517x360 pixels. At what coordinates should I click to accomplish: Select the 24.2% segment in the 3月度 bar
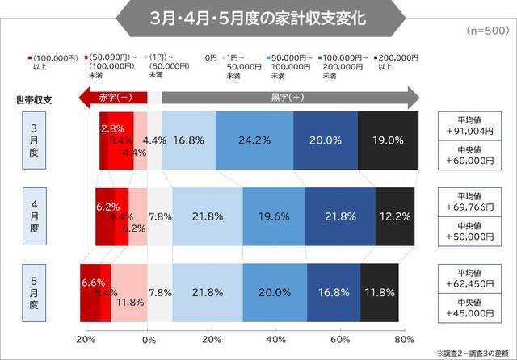click(x=254, y=140)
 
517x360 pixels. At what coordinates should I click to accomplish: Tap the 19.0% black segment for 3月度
click(x=388, y=140)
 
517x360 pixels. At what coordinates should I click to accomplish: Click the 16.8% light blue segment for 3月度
click(x=188, y=140)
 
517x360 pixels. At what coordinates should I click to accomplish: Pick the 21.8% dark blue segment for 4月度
click(x=340, y=216)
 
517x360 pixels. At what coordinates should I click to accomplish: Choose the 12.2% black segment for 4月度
click(x=395, y=216)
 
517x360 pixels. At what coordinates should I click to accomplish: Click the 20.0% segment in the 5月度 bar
click(x=276, y=291)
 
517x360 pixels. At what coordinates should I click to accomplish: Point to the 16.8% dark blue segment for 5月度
click(x=335, y=291)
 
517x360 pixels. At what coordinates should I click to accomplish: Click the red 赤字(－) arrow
click(x=113, y=98)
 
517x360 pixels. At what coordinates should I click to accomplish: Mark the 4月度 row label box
click(x=34, y=216)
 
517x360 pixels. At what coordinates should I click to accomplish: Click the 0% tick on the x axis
click(x=149, y=339)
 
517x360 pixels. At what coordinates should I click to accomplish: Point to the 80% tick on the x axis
click(x=404, y=339)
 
